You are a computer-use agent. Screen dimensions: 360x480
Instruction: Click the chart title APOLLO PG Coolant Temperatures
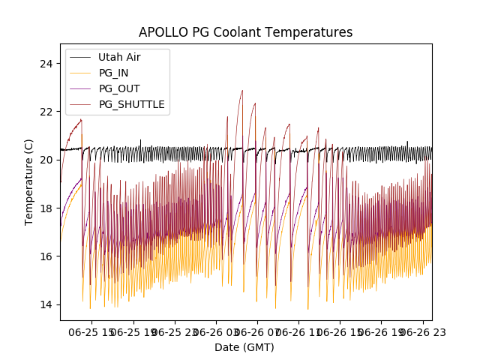tap(245, 32)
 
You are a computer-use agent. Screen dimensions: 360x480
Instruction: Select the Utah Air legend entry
tap(119, 57)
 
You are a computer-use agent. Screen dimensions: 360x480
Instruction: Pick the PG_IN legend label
tap(113, 73)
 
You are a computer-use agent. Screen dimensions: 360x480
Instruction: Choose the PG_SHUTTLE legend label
tap(131, 104)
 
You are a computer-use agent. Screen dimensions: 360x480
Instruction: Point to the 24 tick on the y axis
tap(46, 63)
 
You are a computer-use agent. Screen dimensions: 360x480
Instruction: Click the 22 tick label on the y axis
tap(46, 111)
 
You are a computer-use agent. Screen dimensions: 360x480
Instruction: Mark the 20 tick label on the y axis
tap(46, 160)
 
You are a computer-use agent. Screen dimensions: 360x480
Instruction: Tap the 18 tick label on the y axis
tap(46, 208)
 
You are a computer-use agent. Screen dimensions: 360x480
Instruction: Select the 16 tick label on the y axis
tap(46, 256)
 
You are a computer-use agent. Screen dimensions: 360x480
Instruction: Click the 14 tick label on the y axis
tap(46, 304)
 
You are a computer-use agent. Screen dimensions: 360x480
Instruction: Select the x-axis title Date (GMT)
tap(244, 347)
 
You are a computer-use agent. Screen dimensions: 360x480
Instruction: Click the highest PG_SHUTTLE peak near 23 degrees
tap(242, 91)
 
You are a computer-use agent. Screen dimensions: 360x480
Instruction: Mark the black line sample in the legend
tap(80, 57)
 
